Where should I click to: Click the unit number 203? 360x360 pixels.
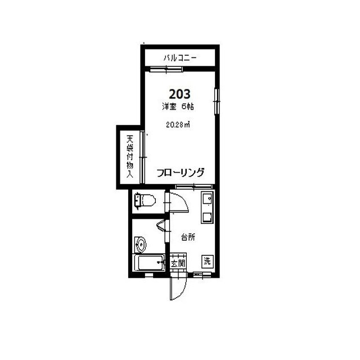[x=180, y=94]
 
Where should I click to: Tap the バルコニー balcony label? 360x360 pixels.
[x=180, y=57]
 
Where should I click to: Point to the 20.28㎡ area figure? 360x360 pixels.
[x=178, y=125]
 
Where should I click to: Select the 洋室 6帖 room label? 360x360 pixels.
[x=178, y=107]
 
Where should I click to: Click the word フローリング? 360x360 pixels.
[x=181, y=173]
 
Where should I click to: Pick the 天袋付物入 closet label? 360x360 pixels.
[x=130, y=157]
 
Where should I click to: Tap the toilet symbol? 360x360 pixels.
[x=145, y=200]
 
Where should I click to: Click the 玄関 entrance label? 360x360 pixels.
[x=178, y=263]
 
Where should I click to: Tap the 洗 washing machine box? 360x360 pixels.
[x=208, y=262]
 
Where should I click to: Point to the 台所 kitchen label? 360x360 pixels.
[x=188, y=237]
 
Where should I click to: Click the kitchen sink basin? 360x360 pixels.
[x=208, y=198]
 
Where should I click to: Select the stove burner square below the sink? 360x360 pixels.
[x=208, y=217]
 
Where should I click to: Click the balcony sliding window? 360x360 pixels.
[x=166, y=69]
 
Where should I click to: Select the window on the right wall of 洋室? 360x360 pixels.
[x=217, y=101]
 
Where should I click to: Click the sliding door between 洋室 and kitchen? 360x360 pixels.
[x=193, y=186]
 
